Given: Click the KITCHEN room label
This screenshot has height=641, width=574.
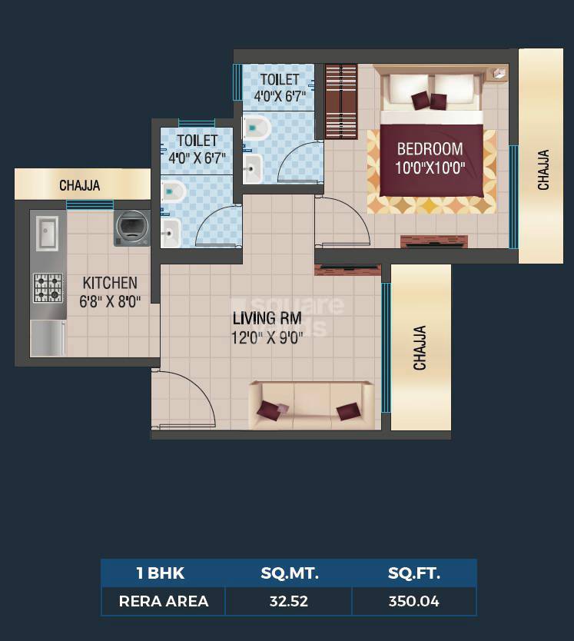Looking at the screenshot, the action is click(x=110, y=283).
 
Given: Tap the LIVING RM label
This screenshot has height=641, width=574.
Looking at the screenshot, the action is click(x=267, y=318).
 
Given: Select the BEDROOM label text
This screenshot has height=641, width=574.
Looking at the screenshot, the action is click(x=430, y=149).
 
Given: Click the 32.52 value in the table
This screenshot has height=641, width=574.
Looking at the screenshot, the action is click(x=289, y=601).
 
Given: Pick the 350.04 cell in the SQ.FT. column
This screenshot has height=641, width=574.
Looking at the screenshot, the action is click(x=413, y=601).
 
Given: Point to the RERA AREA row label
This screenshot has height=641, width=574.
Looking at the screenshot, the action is click(x=164, y=601).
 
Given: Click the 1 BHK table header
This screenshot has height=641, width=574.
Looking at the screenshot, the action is click(x=161, y=573).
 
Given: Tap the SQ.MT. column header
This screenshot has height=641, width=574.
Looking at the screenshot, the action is click(x=290, y=573).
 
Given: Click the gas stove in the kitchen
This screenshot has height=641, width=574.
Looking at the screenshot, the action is click(x=48, y=288).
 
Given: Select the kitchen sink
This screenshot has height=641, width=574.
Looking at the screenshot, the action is click(x=48, y=233).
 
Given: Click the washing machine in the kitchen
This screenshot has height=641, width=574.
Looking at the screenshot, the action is click(x=131, y=228).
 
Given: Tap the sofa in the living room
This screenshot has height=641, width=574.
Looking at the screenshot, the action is click(x=311, y=406).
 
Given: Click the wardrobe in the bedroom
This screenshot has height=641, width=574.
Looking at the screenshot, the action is click(x=341, y=101).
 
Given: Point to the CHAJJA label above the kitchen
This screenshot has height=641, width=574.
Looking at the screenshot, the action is click(x=80, y=185).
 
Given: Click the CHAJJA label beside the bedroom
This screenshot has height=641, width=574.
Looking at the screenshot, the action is click(x=543, y=170).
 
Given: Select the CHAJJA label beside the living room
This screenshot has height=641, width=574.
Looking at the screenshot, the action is click(x=420, y=348).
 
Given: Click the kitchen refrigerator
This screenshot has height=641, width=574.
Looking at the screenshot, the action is click(x=48, y=338).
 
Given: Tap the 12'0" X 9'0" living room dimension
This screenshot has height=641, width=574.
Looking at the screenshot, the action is click(x=267, y=338).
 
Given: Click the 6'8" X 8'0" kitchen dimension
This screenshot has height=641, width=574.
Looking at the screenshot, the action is click(x=110, y=302).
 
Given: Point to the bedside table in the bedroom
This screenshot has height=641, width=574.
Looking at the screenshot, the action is click(x=499, y=73).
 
